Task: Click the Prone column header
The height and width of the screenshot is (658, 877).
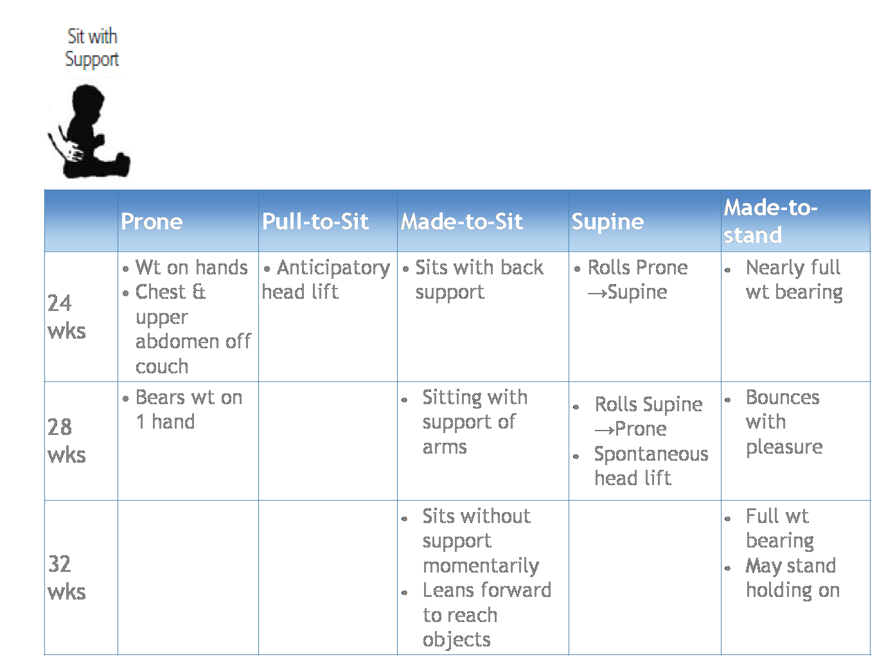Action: pyautogui.click(x=152, y=221)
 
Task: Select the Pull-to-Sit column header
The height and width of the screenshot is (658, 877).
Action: pyautogui.click(x=315, y=221)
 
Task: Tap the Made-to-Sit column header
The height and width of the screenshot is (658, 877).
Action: pyautogui.click(x=461, y=221)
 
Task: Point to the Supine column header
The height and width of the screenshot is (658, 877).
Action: pyautogui.click(x=607, y=222)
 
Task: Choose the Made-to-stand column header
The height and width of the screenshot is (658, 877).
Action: pyautogui.click(x=770, y=221)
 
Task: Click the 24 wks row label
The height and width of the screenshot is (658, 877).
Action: pyautogui.click(x=66, y=317)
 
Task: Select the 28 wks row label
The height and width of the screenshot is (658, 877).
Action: pyautogui.click(x=66, y=441)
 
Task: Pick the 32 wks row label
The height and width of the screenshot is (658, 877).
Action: pyautogui.click(x=66, y=578)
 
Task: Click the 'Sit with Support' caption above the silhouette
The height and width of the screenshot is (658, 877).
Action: pyautogui.click(x=92, y=48)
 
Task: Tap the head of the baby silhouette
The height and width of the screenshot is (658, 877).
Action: pyautogui.click(x=88, y=100)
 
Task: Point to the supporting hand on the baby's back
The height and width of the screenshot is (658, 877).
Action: pyautogui.click(x=74, y=152)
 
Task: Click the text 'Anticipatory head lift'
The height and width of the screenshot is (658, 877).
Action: pyautogui.click(x=326, y=280)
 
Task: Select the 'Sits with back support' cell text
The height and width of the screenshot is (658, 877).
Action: pyautogui.click(x=479, y=280)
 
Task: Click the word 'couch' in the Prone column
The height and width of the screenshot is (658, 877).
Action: pyautogui.click(x=162, y=366)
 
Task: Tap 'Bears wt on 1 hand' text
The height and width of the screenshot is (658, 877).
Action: pyautogui.click(x=189, y=409)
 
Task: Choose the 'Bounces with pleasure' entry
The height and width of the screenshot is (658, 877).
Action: pyautogui.click(x=784, y=422)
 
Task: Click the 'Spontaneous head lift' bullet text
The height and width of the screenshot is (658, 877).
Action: pyautogui.click(x=651, y=467)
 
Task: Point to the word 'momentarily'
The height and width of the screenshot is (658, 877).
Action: pyautogui.click(x=481, y=566)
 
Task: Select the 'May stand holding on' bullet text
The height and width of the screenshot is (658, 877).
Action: pyautogui.click(x=792, y=578)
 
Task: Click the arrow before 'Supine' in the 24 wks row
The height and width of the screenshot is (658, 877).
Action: pyautogui.click(x=597, y=294)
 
